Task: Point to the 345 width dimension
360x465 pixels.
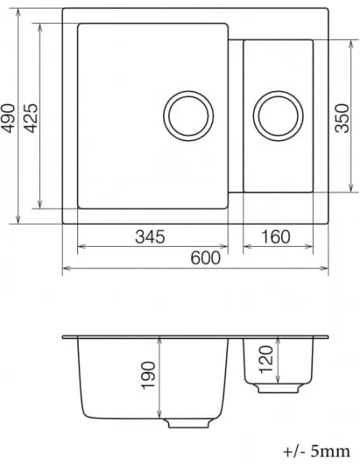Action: [150, 236]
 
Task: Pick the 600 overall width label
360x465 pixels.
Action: [205, 258]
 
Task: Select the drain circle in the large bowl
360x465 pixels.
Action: [188, 117]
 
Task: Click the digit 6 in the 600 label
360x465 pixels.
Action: [194, 258]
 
